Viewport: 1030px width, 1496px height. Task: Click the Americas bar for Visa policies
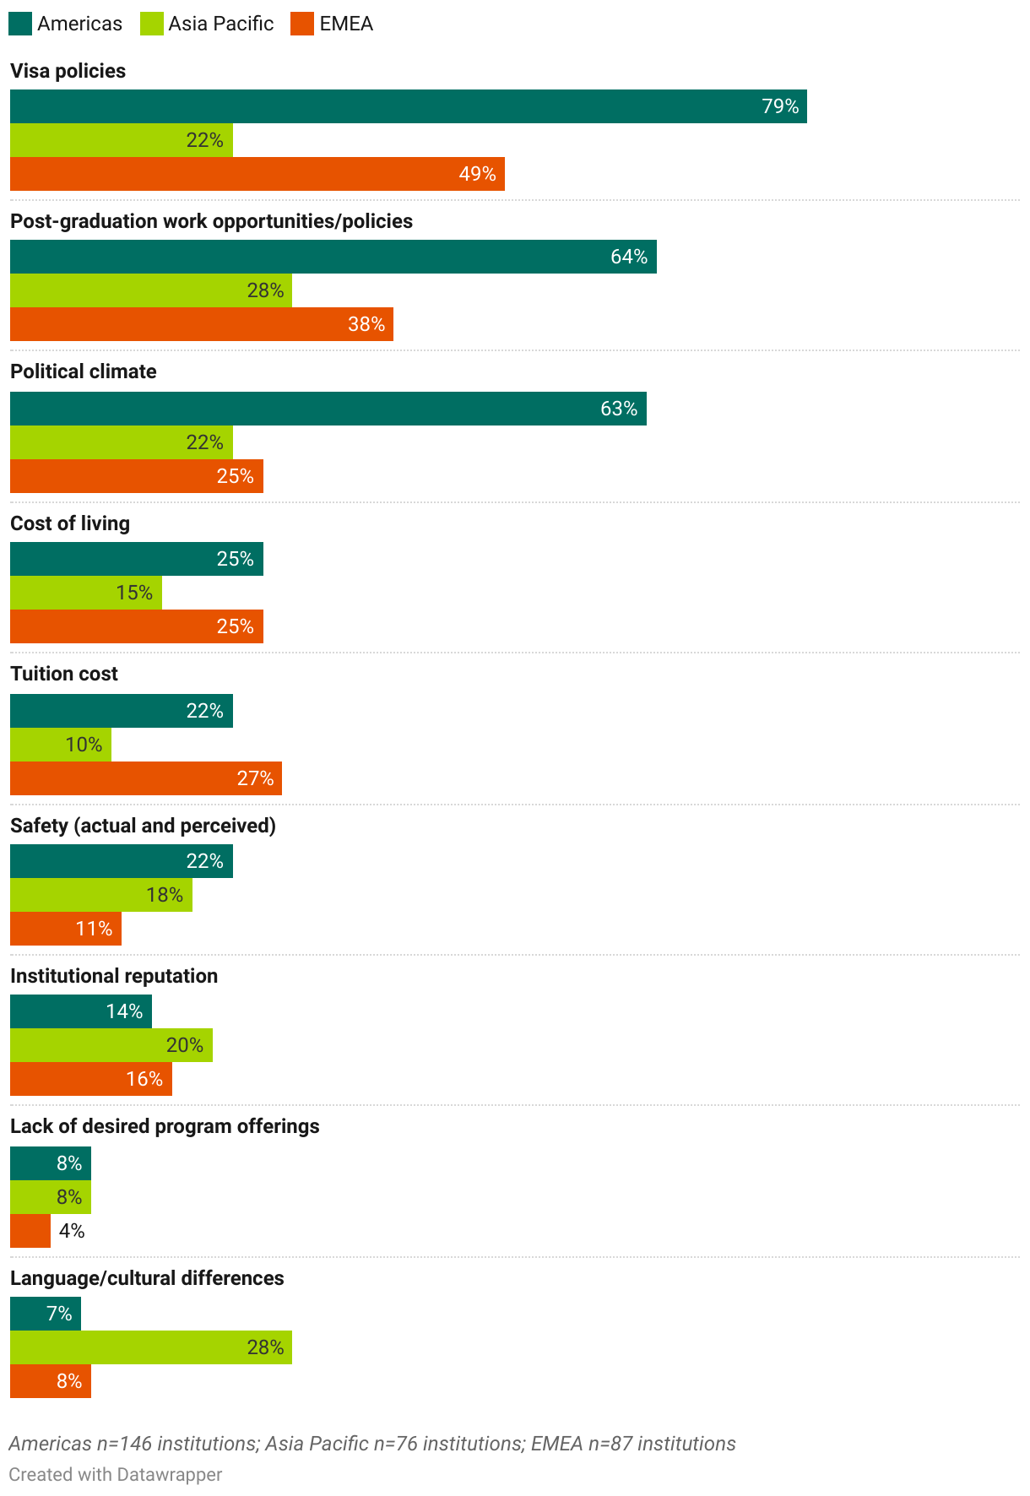tap(408, 106)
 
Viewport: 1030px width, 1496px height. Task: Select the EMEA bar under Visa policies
tap(257, 174)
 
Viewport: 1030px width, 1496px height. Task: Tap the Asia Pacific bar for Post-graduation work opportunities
tap(150, 290)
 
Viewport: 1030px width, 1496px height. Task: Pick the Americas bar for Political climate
tap(328, 409)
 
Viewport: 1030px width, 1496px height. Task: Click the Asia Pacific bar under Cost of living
tap(85, 593)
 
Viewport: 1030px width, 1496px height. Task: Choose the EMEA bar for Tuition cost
tap(145, 778)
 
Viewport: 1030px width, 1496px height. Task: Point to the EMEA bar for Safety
tap(65, 929)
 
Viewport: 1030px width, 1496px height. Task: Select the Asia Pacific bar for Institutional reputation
tap(111, 1045)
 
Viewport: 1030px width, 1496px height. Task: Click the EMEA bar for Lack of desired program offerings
tap(30, 1231)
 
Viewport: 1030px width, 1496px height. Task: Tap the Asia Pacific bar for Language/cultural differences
tap(150, 1347)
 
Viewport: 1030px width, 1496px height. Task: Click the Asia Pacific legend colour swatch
tap(152, 24)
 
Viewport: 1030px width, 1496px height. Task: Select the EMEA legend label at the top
tap(346, 24)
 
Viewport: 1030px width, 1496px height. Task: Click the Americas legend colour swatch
tap(20, 24)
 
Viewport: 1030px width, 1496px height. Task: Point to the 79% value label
tap(780, 106)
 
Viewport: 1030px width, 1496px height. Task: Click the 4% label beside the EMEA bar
tap(72, 1231)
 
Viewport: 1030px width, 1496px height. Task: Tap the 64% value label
tap(629, 257)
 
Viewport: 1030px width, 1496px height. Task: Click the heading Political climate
tap(83, 371)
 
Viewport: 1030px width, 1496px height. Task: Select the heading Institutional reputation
tap(114, 976)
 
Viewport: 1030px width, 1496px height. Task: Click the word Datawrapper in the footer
tap(169, 1474)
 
